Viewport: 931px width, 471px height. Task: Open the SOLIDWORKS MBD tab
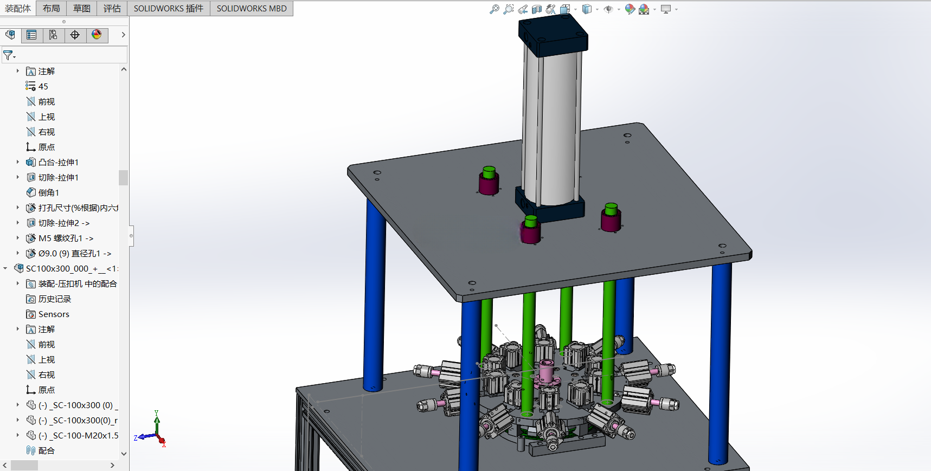(252, 9)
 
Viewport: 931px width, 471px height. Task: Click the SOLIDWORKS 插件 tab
(169, 9)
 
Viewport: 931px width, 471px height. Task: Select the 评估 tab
(112, 9)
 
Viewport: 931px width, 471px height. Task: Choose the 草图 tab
(82, 9)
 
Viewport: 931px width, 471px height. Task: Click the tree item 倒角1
(49, 192)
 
